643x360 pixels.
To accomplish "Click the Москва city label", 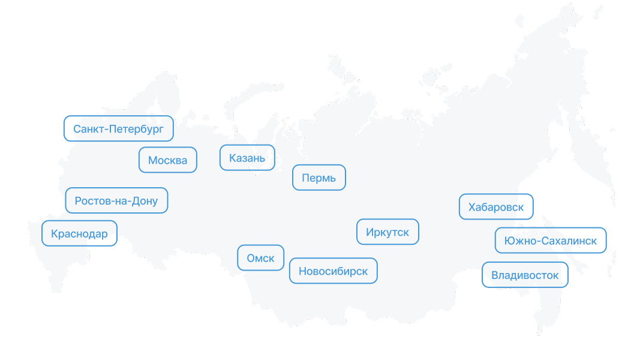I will [168, 160].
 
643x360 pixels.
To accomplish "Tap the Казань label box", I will [247, 158].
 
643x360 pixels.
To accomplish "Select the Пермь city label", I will [319, 178].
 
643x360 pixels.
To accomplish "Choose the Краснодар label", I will [79, 233].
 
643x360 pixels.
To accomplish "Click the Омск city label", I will [260, 259].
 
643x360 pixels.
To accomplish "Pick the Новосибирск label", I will [333, 271].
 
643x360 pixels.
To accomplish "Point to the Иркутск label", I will [387, 232].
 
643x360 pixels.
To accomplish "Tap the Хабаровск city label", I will [495, 207].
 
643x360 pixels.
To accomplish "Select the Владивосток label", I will [525, 275].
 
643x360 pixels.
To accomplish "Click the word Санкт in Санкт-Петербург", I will [87, 128].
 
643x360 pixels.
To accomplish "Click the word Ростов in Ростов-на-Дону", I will [91, 201].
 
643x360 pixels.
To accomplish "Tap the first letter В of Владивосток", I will [495, 275].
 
